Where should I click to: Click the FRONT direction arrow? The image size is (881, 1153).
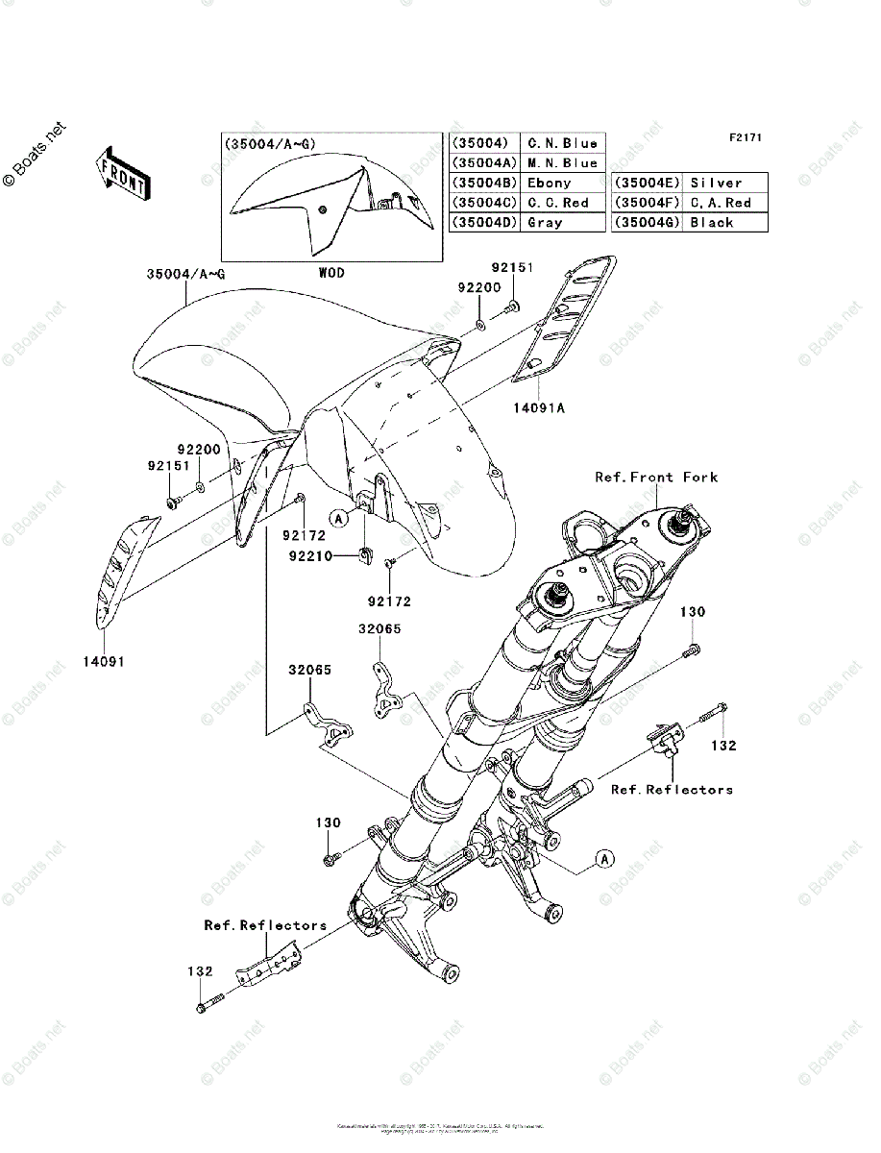point(122,172)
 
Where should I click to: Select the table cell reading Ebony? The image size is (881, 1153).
point(549,183)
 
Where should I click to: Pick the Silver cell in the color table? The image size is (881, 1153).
point(716,183)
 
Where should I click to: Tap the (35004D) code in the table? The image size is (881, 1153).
point(483,222)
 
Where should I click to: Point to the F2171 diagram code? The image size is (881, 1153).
point(744,137)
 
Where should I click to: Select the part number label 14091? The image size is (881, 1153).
point(105,662)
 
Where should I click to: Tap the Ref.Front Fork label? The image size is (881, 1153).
point(656,477)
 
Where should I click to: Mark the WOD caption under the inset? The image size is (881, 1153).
point(331,273)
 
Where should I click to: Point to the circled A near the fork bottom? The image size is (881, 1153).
point(603,858)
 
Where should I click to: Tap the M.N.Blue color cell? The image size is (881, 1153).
point(562,163)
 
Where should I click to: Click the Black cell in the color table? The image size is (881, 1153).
point(711,222)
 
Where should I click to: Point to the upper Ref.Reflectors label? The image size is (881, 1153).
point(672,790)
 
